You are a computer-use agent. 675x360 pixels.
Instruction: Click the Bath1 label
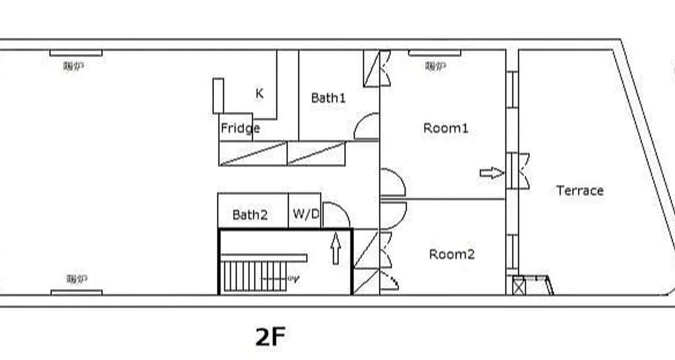[x=328, y=98]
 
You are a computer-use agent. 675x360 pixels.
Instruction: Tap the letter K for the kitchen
[x=259, y=94]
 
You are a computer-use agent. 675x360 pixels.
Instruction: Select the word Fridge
[x=240, y=129]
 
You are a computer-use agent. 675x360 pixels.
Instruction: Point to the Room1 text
[x=445, y=128]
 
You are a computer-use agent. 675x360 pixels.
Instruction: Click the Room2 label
[x=452, y=254]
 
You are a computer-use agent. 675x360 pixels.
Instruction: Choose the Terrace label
[x=580, y=190]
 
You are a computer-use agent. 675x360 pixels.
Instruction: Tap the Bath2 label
[x=250, y=215]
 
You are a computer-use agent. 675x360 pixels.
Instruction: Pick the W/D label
[x=306, y=214]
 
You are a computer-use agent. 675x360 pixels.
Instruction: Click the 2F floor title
[x=270, y=337]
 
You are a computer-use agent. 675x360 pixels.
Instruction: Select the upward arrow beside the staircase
[x=336, y=249]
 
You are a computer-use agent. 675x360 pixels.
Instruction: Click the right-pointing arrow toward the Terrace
[x=491, y=173]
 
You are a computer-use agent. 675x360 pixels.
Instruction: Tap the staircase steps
[x=254, y=276]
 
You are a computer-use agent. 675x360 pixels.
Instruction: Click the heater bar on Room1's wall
[x=434, y=53]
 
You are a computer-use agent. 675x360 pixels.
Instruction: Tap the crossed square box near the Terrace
[x=518, y=287]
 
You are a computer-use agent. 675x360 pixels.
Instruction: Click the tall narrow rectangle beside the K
[x=218, y=95]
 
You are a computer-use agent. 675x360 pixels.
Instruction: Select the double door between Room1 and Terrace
[x=517, y=171]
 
